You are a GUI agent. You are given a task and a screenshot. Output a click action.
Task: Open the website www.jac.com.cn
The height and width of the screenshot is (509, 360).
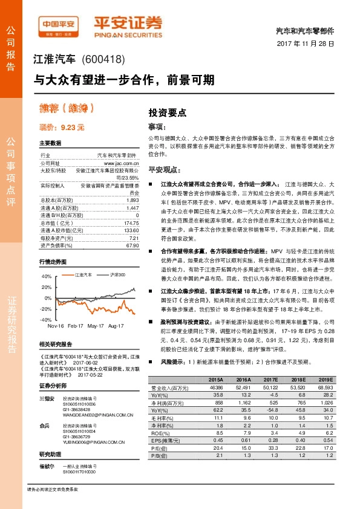pos(122,163)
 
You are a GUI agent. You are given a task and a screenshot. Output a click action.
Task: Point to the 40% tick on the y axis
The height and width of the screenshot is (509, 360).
pos(46,276)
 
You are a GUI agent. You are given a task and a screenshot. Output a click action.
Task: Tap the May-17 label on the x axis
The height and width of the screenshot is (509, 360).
pos(96,325)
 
